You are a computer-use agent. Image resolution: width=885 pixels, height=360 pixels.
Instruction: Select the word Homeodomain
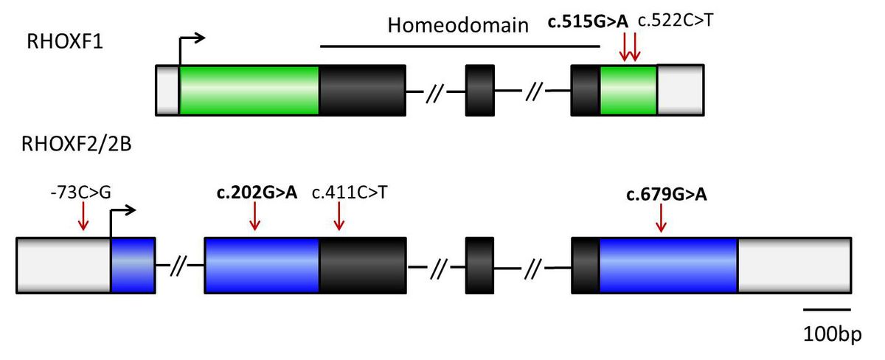(459, 26)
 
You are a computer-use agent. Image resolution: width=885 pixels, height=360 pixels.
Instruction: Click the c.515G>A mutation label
(588, 23)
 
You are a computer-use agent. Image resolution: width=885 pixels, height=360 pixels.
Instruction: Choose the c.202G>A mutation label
(255, 193)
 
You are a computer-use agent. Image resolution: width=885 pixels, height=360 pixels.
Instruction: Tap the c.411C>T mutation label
(351, 193)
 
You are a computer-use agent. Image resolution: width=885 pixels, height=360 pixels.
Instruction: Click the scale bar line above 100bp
(827, 310)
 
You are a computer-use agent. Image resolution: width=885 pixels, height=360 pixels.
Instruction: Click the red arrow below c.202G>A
(255, 215)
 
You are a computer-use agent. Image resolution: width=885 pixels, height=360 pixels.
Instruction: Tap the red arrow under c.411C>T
(339, 215)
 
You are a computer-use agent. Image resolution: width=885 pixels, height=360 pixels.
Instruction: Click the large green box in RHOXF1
(249, 90)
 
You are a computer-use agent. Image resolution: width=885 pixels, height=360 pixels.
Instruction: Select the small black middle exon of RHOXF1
(479, 90)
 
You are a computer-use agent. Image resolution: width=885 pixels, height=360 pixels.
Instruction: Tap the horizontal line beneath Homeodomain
(461, 46)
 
